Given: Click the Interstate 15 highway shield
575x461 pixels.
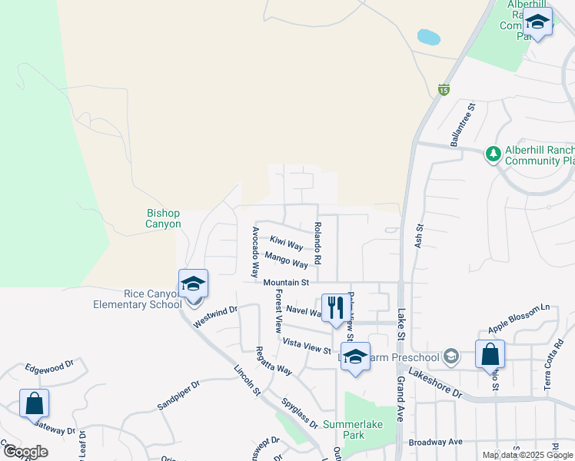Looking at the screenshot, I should click(444, 90).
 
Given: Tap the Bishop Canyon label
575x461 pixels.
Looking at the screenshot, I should click(163, 218).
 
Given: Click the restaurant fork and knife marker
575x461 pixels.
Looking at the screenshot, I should click(333, 308).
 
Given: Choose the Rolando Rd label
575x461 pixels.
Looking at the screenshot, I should click(317, 239).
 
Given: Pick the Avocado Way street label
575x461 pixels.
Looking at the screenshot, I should click(255, 252).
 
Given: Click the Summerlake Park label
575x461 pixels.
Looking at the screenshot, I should click(354, 429).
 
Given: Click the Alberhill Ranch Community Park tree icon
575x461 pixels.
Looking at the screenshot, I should click(493, 154).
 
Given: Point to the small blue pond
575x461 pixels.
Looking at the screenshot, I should click(427, 36).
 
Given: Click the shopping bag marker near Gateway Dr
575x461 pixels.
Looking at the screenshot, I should click(34, 403).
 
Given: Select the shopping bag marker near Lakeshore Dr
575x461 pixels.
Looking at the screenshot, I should click(490, 355).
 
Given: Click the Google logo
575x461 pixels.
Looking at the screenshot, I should click(25, 452).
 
